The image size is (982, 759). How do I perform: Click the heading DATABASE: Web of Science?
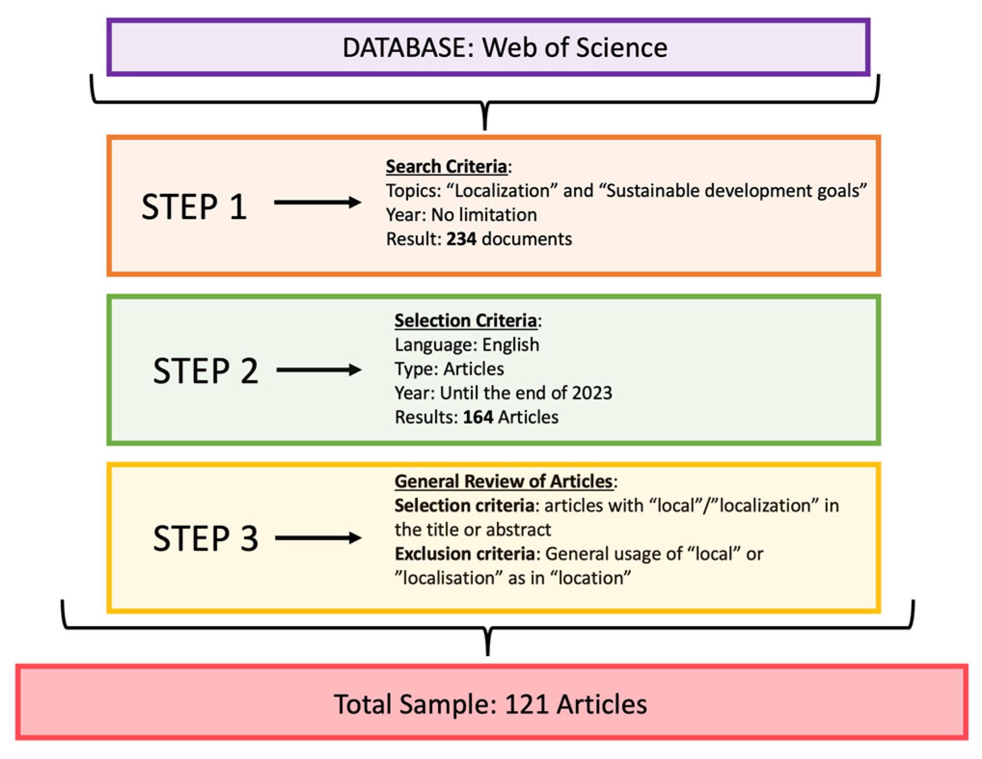coord(504,48)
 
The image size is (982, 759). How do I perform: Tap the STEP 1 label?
coord(194,207)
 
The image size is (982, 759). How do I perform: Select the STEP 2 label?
coord(205,371)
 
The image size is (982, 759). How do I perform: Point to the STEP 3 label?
coord(205,538)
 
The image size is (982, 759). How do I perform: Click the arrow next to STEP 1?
coord(317,202)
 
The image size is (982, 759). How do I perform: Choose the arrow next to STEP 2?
coord(319,370)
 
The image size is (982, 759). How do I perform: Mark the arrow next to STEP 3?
coord(318,538)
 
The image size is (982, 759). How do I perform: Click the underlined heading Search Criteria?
coord(446,166)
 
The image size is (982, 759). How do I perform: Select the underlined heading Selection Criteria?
coord(465,321)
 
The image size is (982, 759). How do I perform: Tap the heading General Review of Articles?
coord(503,481)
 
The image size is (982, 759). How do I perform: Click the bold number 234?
coord(461,239)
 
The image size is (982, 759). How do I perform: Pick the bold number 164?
coord(478,417)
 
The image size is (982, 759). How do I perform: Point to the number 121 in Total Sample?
coord(526,704)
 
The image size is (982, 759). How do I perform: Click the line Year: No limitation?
coord(461,215)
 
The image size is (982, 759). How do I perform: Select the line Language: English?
coord(467,345)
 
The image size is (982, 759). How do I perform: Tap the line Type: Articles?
coord(449,369)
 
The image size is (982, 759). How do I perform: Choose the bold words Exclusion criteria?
coord(464,554)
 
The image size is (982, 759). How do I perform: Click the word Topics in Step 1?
coord(412,191)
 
